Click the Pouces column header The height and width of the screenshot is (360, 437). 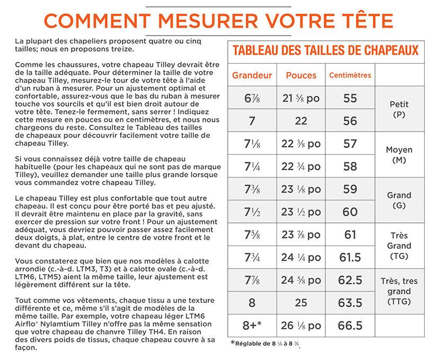(x=301, y=75)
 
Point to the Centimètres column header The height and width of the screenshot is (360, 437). (x=350, y=75)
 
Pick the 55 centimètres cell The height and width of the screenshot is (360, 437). (x=350, y=99)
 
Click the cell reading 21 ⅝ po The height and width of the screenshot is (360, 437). (x=301, y=99)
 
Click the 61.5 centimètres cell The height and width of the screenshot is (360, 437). (x=350, y=258)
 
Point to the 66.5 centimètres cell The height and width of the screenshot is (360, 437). (x=350, y=325)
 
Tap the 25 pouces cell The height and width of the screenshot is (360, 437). (x=301, y=303)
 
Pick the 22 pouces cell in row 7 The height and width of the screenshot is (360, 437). (x=301, y=121)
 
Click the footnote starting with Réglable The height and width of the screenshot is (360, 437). (x=269, y=344)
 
